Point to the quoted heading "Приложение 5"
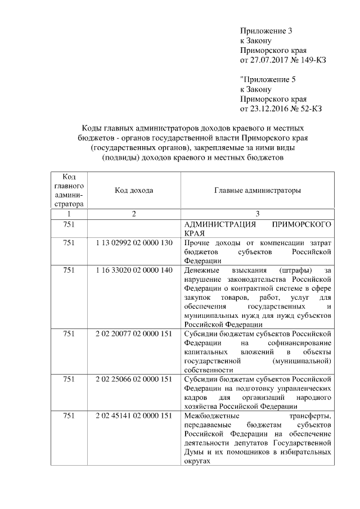[x=267, y=79]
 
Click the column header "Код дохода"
[x=134, y=191]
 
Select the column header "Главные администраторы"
[x=257, y=191]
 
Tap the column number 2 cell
[x=134, y=214]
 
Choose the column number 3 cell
[x=257, y=214]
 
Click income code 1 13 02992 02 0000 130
[x=134, y=242]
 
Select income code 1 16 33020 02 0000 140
[x=134, y=271]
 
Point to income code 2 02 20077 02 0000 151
[x=134, y=333]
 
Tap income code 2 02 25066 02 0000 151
[x=134, y=379]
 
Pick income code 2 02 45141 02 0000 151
[x=134, y=416]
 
